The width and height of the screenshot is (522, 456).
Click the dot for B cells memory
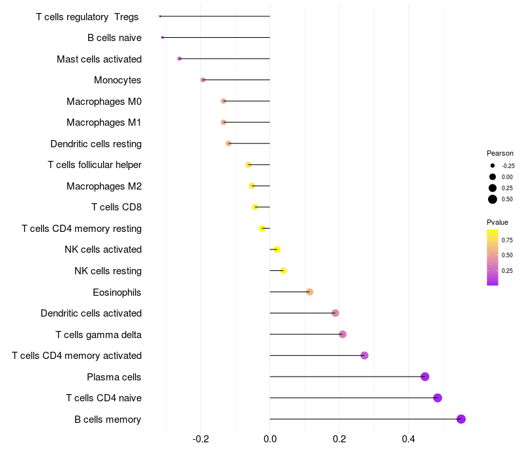(x=461, y=419)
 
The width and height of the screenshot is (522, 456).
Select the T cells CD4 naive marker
(x=437, y=398)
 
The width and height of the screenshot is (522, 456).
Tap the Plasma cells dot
(x=425, y=377)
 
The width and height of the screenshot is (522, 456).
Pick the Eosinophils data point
(x=309, y=292)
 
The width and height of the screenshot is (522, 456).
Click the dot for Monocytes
(x=203, y=80)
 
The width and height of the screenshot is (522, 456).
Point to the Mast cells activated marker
(x=179, y=59)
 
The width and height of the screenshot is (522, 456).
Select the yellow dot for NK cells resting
(x=283, y=270)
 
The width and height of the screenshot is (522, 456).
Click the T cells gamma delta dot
(x=343, y=334)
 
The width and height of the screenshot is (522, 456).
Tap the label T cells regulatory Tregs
(x=87, y=16)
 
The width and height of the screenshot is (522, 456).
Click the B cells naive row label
(x=114, y=38)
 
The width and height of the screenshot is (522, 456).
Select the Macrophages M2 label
(x=104, y=186)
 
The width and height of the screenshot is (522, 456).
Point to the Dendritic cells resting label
(x=96, y=143)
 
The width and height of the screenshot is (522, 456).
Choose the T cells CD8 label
(x=116, y=207)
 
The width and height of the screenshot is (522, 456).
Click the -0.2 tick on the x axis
(x=201, y=439)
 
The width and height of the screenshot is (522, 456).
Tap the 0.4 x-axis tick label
(x=408, y=439)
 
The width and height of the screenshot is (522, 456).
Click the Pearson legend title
(x=500, y=153)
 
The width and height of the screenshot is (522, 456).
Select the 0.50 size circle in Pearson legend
(x=493, y=199)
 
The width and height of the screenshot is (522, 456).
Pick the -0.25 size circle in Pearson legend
(x=493, y=165)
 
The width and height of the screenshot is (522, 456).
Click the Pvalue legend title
(x=497, y=222)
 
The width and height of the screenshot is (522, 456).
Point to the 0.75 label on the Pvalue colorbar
(x=507, y=240)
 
